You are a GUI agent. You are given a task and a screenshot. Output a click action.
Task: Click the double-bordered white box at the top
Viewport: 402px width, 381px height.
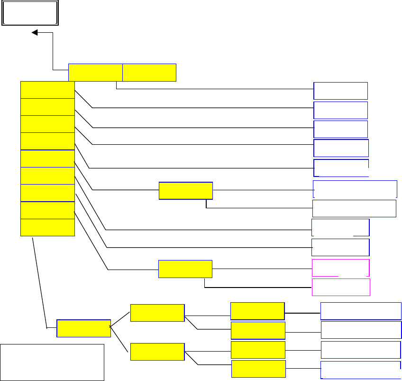point(30,13)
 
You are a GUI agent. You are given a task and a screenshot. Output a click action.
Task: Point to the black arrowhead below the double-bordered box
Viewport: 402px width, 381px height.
point(35,33)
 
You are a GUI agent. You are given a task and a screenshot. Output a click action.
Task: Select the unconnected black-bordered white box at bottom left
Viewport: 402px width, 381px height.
point(52,362)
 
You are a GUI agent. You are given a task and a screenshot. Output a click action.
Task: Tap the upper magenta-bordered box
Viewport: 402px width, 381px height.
point(340,268)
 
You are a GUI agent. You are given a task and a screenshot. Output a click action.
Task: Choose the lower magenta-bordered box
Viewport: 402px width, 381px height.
point(340,288)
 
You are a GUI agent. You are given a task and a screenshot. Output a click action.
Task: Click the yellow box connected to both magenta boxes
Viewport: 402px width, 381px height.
point(185,269)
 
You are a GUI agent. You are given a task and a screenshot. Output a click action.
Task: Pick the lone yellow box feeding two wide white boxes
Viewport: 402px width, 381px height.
point(185,191)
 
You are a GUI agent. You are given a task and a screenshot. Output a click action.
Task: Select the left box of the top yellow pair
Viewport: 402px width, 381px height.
point(95,72)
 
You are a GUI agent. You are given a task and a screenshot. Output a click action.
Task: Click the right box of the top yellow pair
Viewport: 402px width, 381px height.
point(149,72)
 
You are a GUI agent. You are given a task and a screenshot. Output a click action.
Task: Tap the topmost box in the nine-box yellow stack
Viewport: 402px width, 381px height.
point(47,90)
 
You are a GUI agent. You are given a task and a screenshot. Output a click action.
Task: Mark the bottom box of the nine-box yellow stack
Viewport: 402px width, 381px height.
point(47,227)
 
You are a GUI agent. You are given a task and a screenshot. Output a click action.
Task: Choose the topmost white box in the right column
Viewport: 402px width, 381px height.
point(340,91)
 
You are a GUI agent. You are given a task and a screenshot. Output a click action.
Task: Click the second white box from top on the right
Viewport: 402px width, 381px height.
point(340,110)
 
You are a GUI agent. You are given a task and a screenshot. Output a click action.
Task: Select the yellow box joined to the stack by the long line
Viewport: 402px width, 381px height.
point(83,328)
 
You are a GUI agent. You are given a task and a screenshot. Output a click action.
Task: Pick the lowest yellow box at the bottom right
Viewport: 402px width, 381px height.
point(258,369)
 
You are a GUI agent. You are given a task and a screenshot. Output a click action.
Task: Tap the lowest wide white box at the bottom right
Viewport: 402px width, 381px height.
point(361,370)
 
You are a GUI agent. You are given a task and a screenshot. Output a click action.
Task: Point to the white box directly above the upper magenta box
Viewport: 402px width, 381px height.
point(340,248)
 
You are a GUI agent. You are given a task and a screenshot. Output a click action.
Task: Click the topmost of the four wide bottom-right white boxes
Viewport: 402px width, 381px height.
point(361,311)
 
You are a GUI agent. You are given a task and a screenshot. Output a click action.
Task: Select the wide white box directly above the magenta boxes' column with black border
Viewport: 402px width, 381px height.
point(354,208)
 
